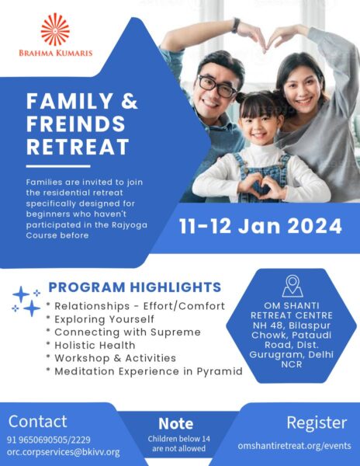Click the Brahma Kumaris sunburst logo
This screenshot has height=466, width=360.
pyautogui.click(x=55, y=30)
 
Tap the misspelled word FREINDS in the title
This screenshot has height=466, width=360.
pyautogui.click(x=76, y=123)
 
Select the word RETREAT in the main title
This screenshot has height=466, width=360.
pyautogui.click(x=78, y=147)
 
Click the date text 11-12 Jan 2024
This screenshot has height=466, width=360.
pyautogui.click(x=260, y=226)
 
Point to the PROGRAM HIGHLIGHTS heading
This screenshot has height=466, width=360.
pyautogui.click(x=135, y=287)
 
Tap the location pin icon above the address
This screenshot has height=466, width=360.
pyautogui.click(x=292, y=286)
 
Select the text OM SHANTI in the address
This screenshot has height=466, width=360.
pyautogui.click(x=292, y=305)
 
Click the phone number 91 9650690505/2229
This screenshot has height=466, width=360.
pyautogui.click(x=49, y=440)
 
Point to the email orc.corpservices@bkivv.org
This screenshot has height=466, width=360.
pyautogui.click(x=63, y=452)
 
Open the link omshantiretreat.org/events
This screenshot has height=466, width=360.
pyautogui.click(x=294, y=446)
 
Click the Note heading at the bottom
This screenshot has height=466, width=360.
pyautogui.click(x=175, y=423)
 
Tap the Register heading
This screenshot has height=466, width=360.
pyautogui.click(x=317, y=423)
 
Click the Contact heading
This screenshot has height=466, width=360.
pyautogui.click(x=38, y=421)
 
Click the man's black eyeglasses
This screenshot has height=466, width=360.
pyautogui.click(x=217, y=86)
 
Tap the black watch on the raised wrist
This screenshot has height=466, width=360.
pyautogui.click(x=236, y=26)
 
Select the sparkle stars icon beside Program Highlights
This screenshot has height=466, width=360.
pyautogui.click(x=26, y=301)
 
